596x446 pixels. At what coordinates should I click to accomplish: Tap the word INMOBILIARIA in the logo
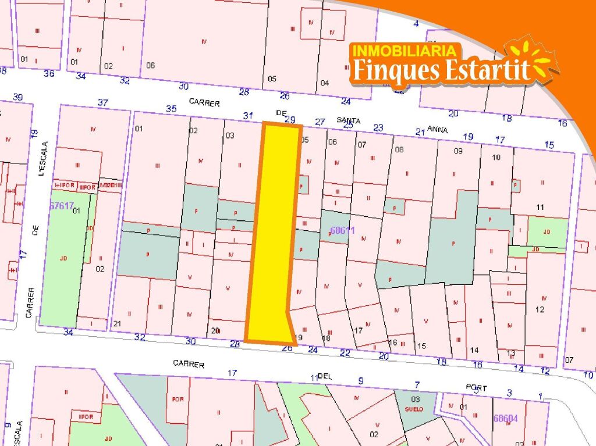405,51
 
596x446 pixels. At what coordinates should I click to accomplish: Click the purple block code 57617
62,206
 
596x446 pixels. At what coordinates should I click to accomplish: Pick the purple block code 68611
342,230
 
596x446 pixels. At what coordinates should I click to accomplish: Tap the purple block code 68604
505,418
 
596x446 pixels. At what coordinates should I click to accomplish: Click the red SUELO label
414,409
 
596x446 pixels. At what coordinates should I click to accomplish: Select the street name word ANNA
437,130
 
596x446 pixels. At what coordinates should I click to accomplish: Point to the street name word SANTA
349,120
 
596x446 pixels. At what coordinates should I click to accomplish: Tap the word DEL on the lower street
325,376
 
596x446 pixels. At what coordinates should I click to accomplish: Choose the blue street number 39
17,97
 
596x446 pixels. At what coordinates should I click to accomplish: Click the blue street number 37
103,103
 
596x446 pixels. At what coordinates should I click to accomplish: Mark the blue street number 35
171,108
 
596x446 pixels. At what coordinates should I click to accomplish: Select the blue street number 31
248,116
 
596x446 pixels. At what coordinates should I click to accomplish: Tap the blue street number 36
49,73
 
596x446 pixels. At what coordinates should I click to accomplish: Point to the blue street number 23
378,128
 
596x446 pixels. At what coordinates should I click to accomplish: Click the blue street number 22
345,353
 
